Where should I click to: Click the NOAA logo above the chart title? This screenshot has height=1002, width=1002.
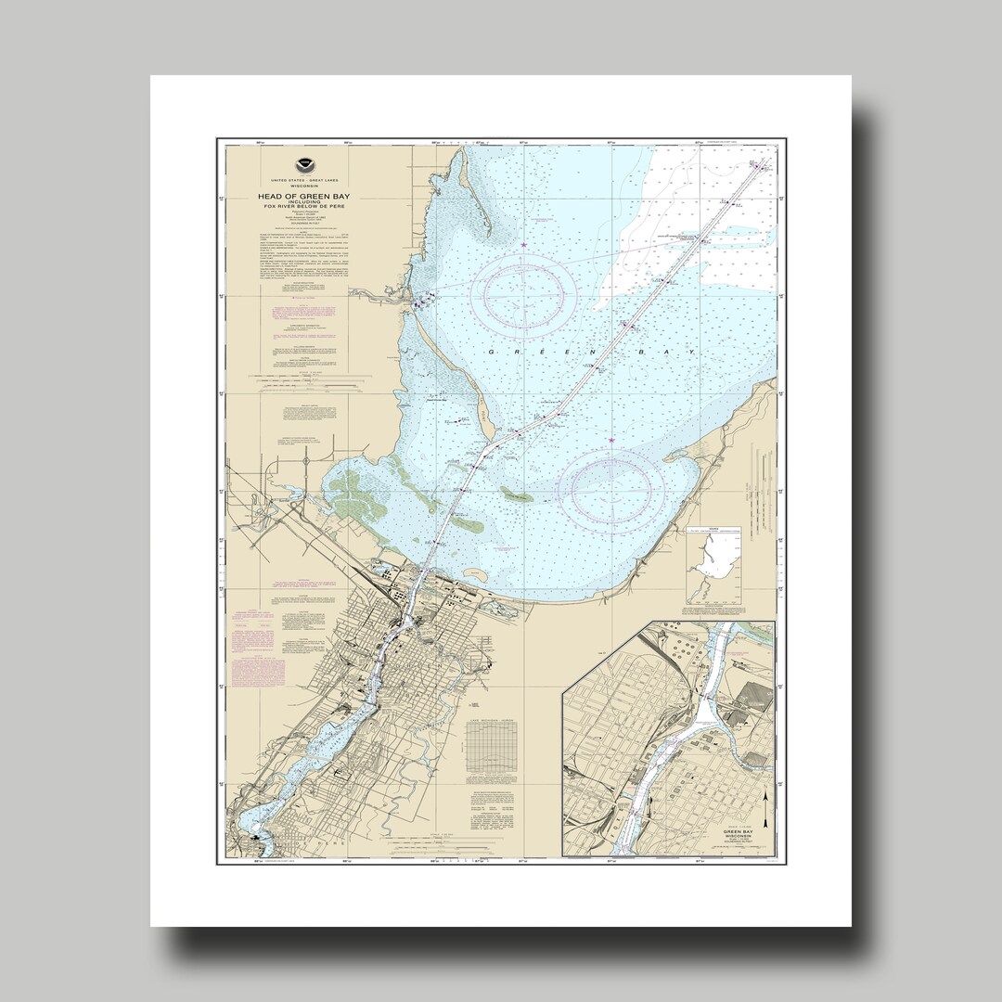click(x=300, y=161)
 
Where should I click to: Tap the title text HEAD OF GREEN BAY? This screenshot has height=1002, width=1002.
click(x=300, y=196)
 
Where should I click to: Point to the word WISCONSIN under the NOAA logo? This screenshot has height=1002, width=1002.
click(x=300, y=183)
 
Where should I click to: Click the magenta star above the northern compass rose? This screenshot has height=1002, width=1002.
click(x=524, y=243)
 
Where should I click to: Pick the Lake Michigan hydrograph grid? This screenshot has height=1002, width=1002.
click(x=495, y=748)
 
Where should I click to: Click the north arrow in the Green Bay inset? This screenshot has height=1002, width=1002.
click(x=764, y=809)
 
